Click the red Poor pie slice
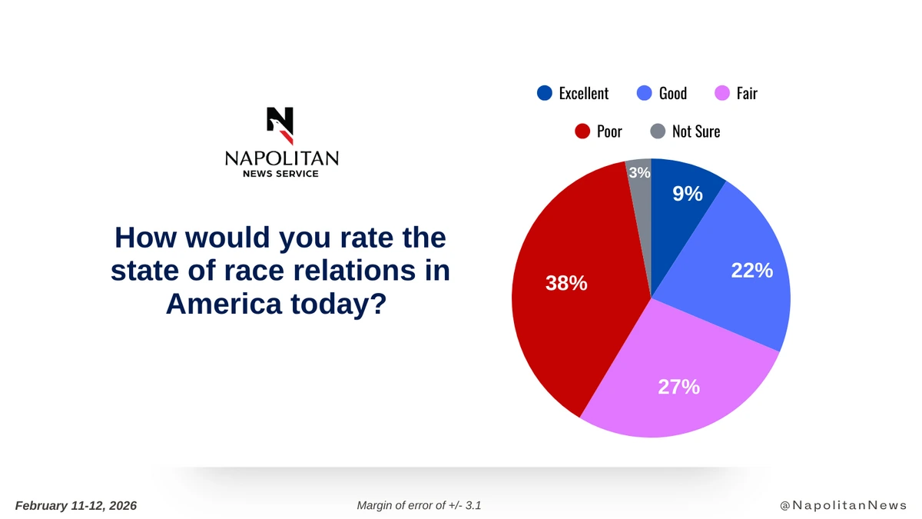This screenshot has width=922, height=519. click(569, 323)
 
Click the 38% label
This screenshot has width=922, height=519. click(566, 283)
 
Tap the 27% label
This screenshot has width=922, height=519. click(678, 387)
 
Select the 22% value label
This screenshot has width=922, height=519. click(751, 270)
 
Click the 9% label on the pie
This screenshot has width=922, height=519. click(688, 194)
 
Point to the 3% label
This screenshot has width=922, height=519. click(639, 173)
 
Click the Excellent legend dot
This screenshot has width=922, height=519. click(544, 94)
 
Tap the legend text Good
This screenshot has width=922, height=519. click(672, 94)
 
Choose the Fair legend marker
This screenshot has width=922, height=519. click(722, 94)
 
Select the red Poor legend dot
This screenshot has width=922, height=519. click(582, 131)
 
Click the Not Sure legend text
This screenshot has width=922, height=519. click(695, 131)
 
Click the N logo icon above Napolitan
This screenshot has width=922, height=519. click(280, 125)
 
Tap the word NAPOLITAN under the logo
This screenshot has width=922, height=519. click(281, 158)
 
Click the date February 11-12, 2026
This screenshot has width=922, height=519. click(76, 505)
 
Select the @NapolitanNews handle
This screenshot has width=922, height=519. click(843, 505)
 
